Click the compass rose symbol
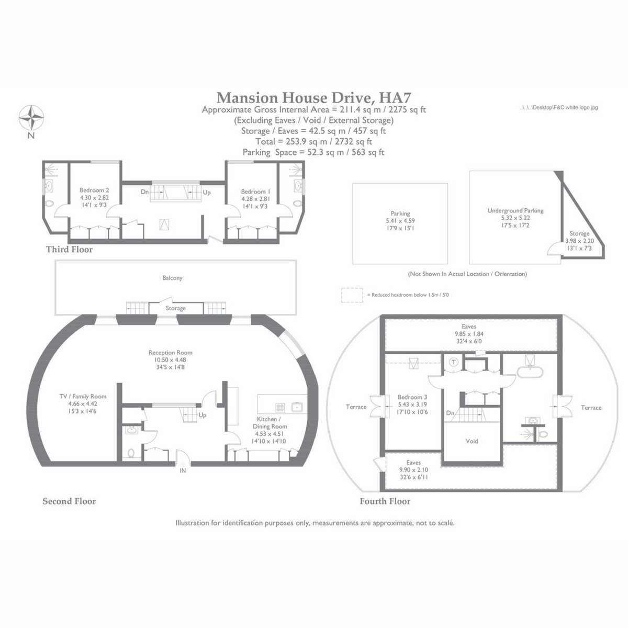[x=31, y=117]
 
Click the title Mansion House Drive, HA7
[x=314, y=97]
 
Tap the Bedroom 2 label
[x=94, y=190]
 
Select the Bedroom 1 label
[x=255, y=192]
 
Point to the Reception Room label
[x=171, y=352]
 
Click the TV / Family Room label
[x=83, y=396]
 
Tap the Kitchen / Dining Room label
[x=270, y=423]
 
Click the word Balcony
[x=172, y=278]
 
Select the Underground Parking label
[x=515, y=210]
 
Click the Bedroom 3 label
[x=412, y=397]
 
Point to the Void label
[x=472, y=441]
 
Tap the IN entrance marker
[x=183, y=470]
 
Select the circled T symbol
[x=454, y=362]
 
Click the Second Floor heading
[x=69, y=501]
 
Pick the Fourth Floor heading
[x=385, y=501]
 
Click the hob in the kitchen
[x=280, y=407]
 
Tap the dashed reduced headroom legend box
[x=352, y=295]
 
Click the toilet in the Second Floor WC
[x=131, y=453]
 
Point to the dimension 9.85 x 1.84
[x=469, y=334]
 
